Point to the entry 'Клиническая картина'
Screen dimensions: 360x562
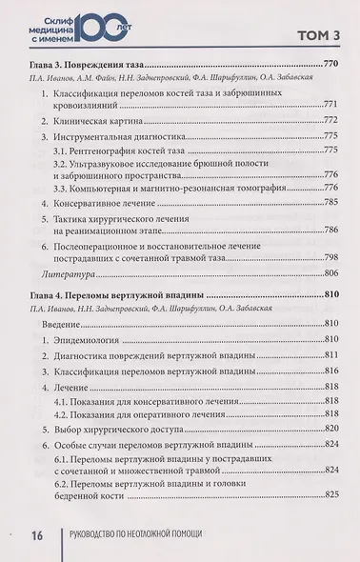click(x=102, y=122)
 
